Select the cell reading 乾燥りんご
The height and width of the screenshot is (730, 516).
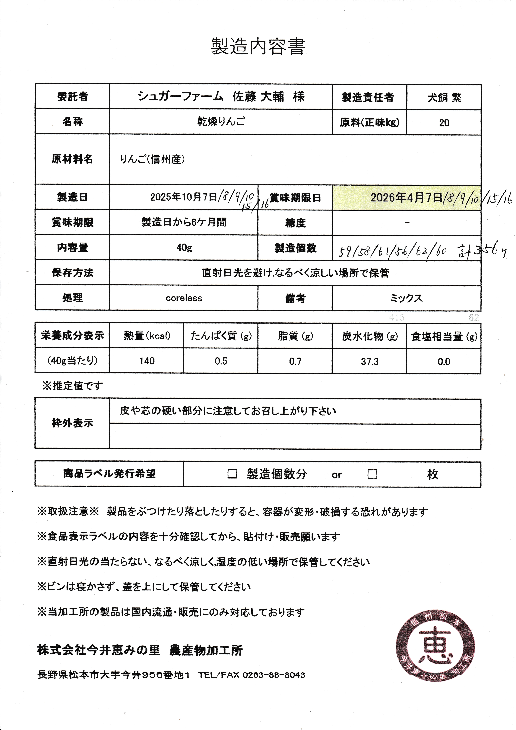click(x=221, y=122)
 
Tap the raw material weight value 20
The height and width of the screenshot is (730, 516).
click(x=444, y=123)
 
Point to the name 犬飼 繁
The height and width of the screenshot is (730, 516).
click(x=444, y=97)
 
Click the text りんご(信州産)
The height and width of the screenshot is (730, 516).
click(x=152, y=159)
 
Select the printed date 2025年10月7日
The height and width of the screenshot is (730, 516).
click(x=183, y=197)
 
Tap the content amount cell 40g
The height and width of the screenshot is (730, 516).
click(x=184, y=247)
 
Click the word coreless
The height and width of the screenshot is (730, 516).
click(x=184, y=298)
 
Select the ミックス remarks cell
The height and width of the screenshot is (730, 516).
click(x=406, y=298)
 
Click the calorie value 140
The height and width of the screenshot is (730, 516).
click(x=147, y=361)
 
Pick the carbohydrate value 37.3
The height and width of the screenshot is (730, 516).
click(x=369, y=362)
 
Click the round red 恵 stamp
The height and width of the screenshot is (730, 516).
click(x=435, y=647)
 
